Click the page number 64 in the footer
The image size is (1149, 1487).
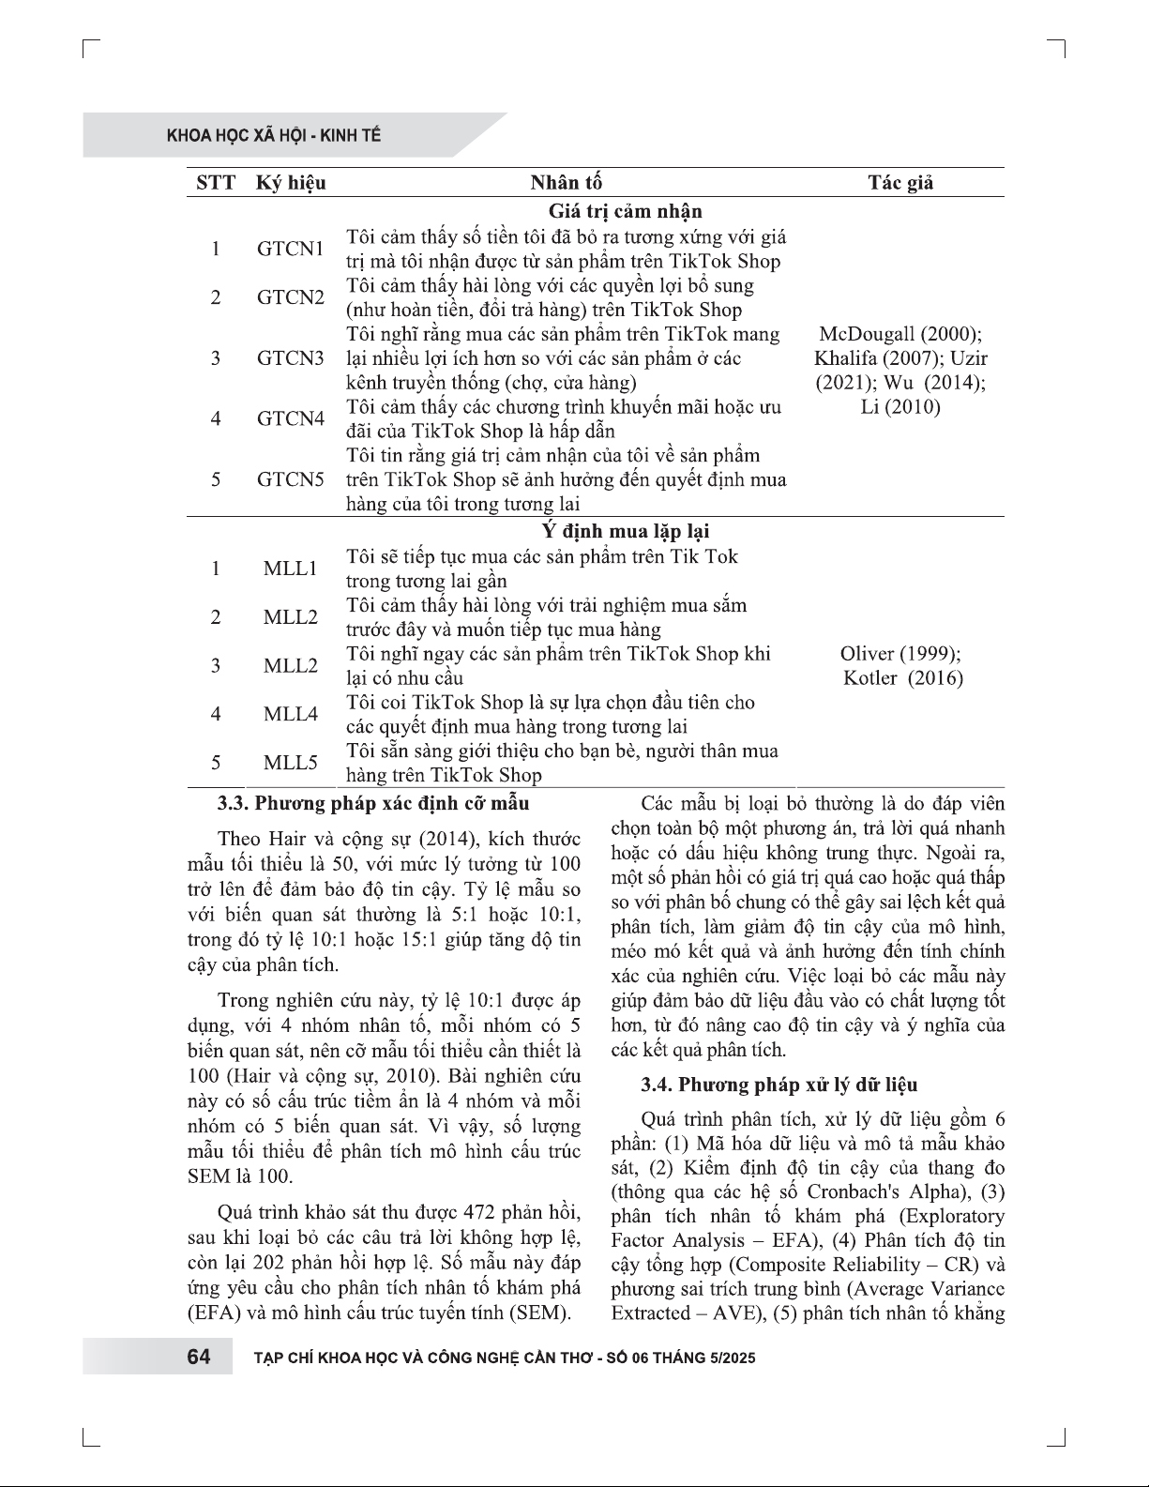[199, 1358]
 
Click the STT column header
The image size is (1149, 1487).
[216, 183]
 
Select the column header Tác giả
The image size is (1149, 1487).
[900, 183]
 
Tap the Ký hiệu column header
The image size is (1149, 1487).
[291, 183]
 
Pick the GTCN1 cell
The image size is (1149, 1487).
[291, 250]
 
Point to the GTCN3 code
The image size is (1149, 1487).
[291, 358]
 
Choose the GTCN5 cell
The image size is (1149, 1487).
[291, 479]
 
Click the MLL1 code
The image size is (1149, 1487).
[291, 569]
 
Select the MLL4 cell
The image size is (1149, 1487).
[291, 714]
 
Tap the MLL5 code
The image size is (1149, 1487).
[291, 763]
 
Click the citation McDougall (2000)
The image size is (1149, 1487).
[900, 335]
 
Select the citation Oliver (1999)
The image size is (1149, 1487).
[900, 654]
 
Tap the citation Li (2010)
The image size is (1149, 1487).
[900, 407]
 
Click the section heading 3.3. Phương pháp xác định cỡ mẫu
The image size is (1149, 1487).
[373, 803]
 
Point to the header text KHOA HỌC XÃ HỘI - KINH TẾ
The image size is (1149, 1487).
[274, 136]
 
